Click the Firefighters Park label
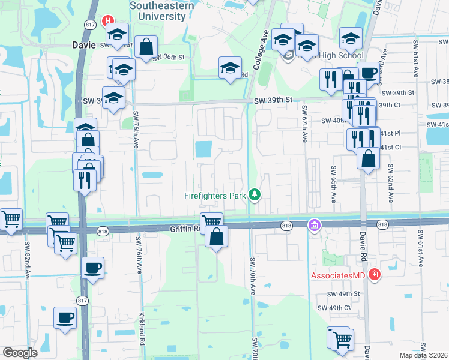click(x=216, y=196)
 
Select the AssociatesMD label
click(x=339, y=275)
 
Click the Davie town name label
click(x=83, y=44)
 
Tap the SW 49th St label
click(x=343, y=294)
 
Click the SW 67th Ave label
click(x=304, y=123)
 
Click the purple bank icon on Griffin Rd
click(x=313, y=226)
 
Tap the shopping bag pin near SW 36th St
click(x=146, y=47)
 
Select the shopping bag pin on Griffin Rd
click(x=216, y=236)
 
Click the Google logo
click(x=20, y=353)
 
